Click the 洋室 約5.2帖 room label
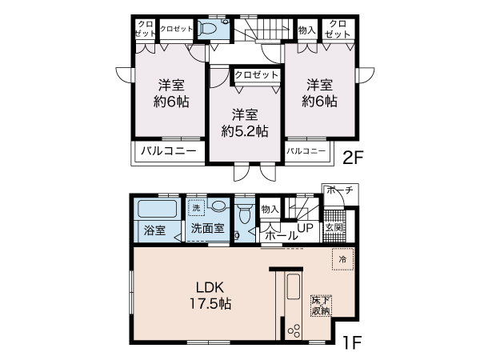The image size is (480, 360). click(x=244, y=122)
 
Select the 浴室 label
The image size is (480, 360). click(x=154, y=230)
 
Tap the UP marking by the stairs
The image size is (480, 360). click(x=305, y=228)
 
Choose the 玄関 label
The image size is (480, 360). click(x=334, y=228)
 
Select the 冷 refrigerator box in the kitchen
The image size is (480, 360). click(x=342, y=259)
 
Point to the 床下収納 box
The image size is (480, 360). click(x=322, y=305)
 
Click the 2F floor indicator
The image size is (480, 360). click(x=353, y=157)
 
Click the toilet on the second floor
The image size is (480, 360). click(x=210, y=29)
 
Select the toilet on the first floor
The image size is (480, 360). click(x=245, y=214)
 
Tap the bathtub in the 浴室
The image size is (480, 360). click(x=154, y=211)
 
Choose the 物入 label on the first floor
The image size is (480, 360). click(x=270, y=209)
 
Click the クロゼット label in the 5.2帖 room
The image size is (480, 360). click(x=256, y=74)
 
